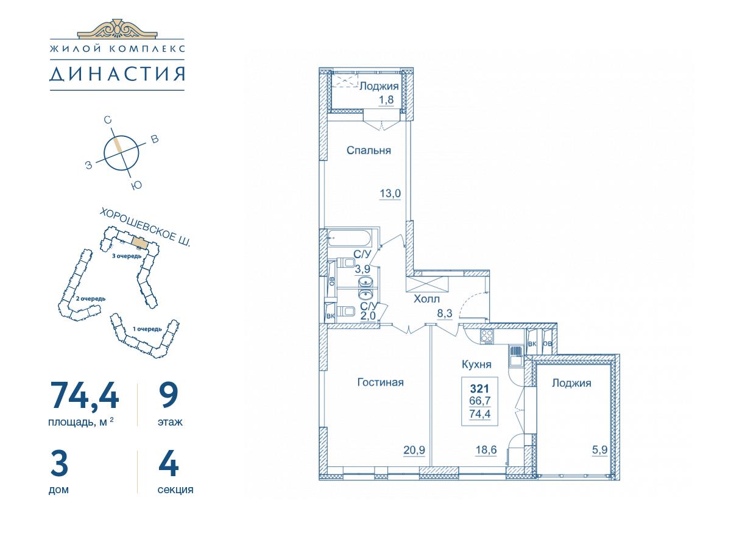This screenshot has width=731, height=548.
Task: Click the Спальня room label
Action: click(x=369, y=150)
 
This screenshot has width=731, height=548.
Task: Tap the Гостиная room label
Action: click(x=380, y=382)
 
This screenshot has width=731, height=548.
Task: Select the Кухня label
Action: click(x=476, y=365)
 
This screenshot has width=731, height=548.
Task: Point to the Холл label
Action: click(x=426, y=299)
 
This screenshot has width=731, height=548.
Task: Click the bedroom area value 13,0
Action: click(x=390, y=193)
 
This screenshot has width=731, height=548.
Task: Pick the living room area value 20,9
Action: click(x=414, y=450)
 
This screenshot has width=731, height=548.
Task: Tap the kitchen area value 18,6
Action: click(x=486, y=450)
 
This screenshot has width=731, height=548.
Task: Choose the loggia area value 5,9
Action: click(x=600, y=450)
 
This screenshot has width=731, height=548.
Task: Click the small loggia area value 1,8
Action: click(x=386, y=99)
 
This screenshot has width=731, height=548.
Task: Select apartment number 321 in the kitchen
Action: click(x=479, y=388)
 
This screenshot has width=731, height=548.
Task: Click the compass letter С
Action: click(x=108, y=120)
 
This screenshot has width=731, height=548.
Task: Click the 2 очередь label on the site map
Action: click(x=91, y=298)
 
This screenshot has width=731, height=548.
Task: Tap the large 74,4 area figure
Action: click(x=84, y=395)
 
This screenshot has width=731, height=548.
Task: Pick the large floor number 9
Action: click(x=169, y=395)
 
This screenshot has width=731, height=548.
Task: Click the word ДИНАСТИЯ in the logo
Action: click(x=117, y=74)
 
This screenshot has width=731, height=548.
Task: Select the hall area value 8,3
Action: click(x=445, y=313)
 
